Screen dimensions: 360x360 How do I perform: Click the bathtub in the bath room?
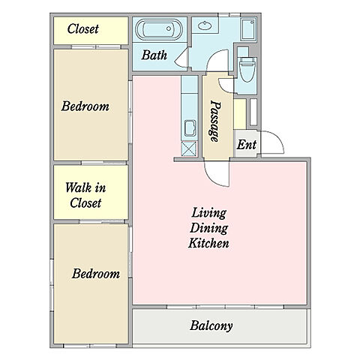tap(158, 29)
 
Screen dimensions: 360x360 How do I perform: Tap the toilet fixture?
tap(247, 69)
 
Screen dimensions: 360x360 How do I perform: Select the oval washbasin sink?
tap(205, 25)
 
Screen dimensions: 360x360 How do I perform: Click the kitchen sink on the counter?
tap(190, 128)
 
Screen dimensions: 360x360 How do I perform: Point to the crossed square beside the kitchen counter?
tap(189, 148)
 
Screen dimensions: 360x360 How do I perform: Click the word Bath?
tap(154, 55)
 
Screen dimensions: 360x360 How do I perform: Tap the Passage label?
tap(215, 121)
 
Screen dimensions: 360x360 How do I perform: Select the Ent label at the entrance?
tap(247, 145)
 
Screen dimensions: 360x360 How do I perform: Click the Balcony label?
tap(211, 325)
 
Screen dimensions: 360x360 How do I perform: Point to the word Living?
tap(209, 213)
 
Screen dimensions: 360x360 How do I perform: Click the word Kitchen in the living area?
tap(208, 243)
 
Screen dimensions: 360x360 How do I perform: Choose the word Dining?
tap(209, 228)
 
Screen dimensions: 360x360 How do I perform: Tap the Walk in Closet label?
tap(85, 195)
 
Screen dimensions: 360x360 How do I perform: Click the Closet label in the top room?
tap(83, 28)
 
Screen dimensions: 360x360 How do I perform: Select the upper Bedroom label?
tap(85, 106)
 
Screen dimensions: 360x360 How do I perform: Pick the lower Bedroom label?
tap(96, 274)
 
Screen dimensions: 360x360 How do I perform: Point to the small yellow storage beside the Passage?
tap(240, 114)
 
